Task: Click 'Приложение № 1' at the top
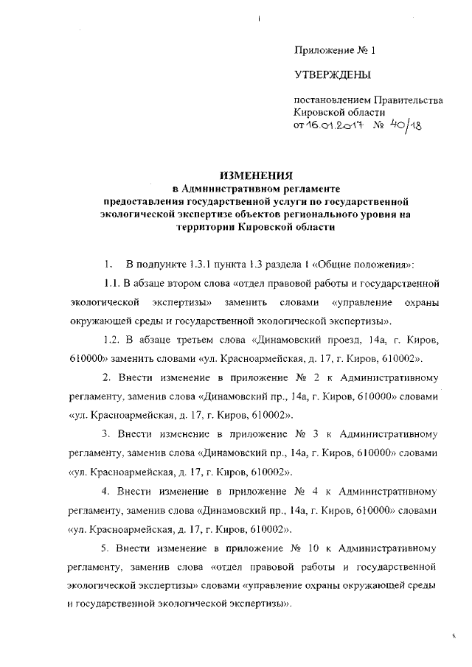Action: (x=335, y=50)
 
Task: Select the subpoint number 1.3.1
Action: (x=202, y=263)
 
